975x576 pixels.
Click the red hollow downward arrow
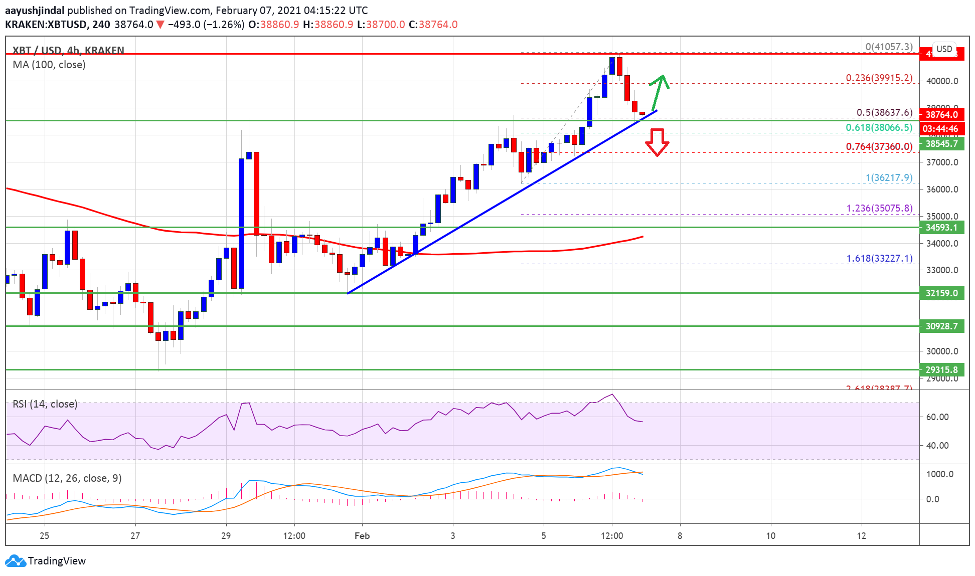pyautogui.click(x=657, y=142)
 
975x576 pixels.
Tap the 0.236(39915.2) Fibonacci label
pyautogui.click(x=879, y=78)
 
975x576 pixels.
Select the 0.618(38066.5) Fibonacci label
pyautogui.click(x=879, y=127)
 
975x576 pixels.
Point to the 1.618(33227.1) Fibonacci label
pyautogui.click(x=879, y=258)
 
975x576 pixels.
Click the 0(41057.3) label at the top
pyautogui.click(x=889, y=47)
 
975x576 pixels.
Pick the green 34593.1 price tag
pyautogui.click(x=941, y=228)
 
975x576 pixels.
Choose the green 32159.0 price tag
pyautogui.click(x=941, y=293)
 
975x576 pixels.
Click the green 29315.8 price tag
pyautogui.click(x=941, y=370)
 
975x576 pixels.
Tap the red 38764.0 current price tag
pyautogui.click(x=941, y=115)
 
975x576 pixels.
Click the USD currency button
pyautogui.click(x=944, y=49)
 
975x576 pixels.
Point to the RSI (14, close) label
pyautogui.click(x=45, y=404)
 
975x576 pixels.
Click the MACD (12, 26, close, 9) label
pyautogui.click(x=67, y=478)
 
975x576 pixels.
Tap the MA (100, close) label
pyautogui.click(x=49, y=65)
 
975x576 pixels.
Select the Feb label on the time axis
pyautogui.click(x=362, y=536)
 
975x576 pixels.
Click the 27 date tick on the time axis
pyautogui.click(x=135, y=536)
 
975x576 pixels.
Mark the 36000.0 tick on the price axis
pyautogui.click(x=942, y=189)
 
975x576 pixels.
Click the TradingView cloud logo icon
pyautogui.click(x=15, y=560)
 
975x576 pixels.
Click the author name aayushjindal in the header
pyautogui.click(x=35, y=11)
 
